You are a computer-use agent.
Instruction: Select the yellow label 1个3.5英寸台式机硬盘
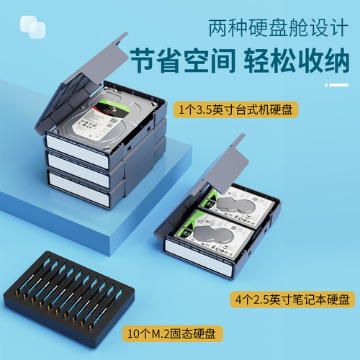(x=237, y=110)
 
